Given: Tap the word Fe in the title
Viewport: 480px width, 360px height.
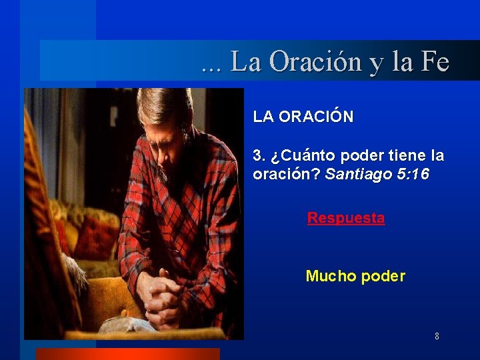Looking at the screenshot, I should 435,62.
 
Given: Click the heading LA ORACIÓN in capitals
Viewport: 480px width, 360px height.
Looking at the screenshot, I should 303,117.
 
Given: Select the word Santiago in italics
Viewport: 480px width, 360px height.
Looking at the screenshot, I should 357,175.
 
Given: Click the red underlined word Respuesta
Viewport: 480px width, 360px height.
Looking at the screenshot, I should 345,218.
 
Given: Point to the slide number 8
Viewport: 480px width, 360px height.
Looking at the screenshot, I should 437,336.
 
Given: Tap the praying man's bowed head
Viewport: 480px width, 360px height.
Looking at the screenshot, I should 164,120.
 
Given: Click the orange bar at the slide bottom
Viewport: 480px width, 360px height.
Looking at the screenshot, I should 127,354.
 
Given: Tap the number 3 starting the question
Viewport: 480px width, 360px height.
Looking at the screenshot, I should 258,157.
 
